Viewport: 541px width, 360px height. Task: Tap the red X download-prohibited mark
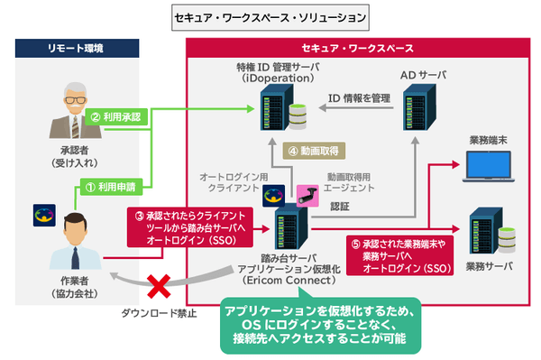(x=160, y=288)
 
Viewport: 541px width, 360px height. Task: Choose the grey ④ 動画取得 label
(x=314, y=151)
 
